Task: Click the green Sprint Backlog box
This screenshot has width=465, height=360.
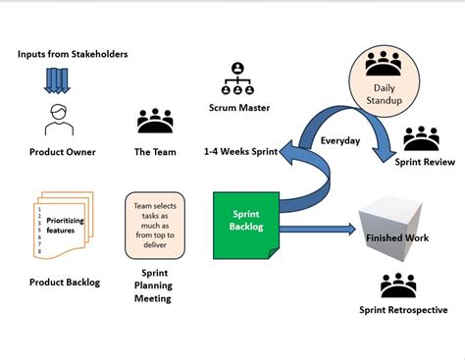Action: [245, 224]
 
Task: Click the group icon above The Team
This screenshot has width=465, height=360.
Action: [154, 121]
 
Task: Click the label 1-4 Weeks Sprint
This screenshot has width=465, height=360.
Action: [239, 152]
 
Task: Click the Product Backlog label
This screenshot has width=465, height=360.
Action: [64, 283]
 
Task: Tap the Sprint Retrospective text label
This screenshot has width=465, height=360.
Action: [403, 310]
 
